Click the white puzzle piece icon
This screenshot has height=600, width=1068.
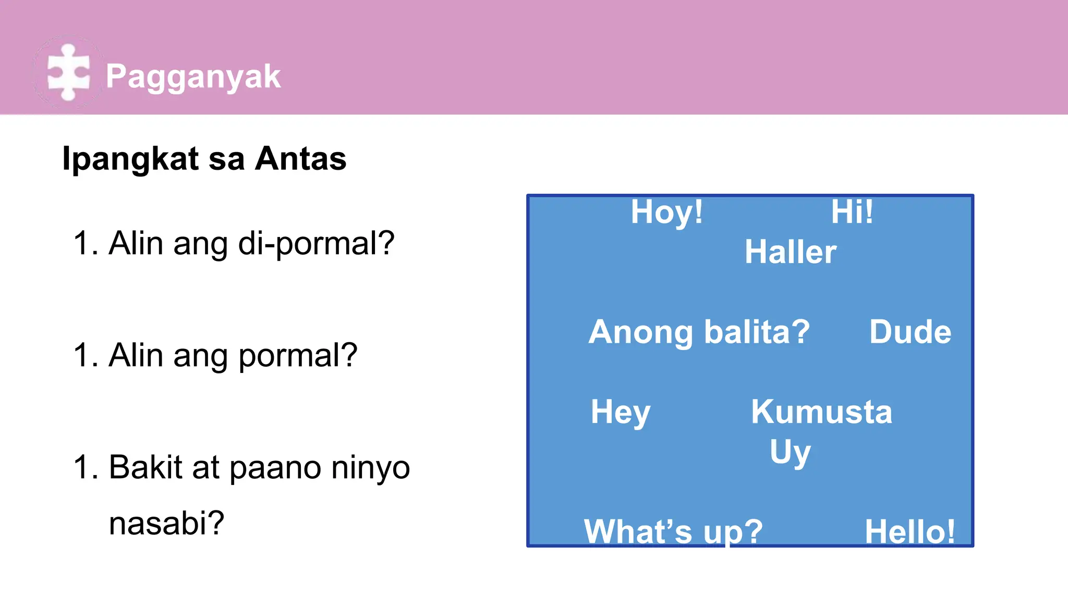pos(68,72)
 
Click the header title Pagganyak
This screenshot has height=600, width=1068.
pos(193,77)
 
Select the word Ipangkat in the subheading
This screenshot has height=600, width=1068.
pos(130,158)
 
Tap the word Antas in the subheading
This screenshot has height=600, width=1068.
pos(300,158)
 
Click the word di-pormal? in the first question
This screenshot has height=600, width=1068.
pos(316,243)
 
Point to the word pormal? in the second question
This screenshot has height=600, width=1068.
pos(298,355)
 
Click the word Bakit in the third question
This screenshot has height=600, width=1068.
pos(145,467)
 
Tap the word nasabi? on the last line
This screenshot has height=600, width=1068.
pos(166,523)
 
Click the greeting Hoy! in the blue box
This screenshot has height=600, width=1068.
pos(666,213)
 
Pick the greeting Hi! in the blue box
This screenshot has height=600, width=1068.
pos(852,212)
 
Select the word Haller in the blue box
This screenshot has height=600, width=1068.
pos(790,252)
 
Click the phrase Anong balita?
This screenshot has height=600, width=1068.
pos(699,332)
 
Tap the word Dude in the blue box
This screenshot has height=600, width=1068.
pos(910,332)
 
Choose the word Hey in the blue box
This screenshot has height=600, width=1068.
pos(620,413)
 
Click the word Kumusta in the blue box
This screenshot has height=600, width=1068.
pos(821,412)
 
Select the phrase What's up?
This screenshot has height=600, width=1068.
pos(673,531)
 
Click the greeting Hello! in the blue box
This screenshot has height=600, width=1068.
pos(909,531)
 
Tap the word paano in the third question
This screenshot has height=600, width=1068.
pos(275,468)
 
